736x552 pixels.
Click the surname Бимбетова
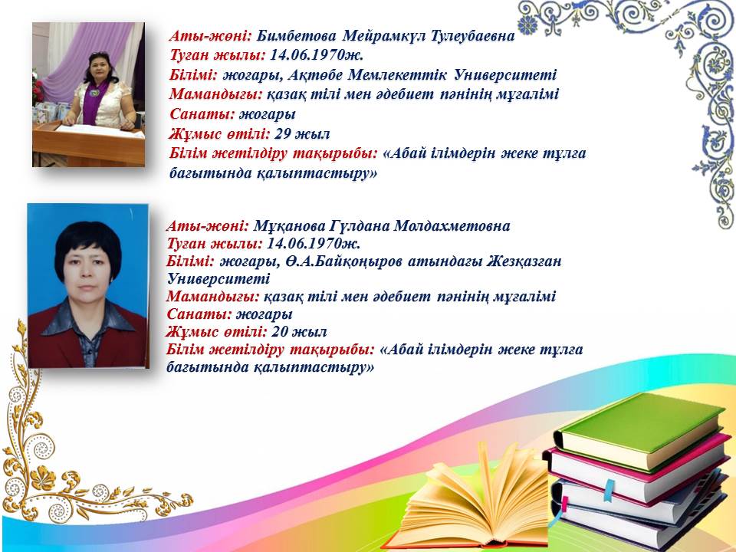coord(297,36)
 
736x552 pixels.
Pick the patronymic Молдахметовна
coord(452,225)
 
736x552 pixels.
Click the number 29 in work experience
coord(283,133)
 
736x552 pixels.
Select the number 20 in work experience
coord(280,332)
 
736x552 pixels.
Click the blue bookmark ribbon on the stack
coord(609,490)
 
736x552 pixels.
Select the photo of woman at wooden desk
coord(88,94)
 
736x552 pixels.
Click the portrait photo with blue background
coord(88,285)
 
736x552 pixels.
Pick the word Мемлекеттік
coord(398,74)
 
